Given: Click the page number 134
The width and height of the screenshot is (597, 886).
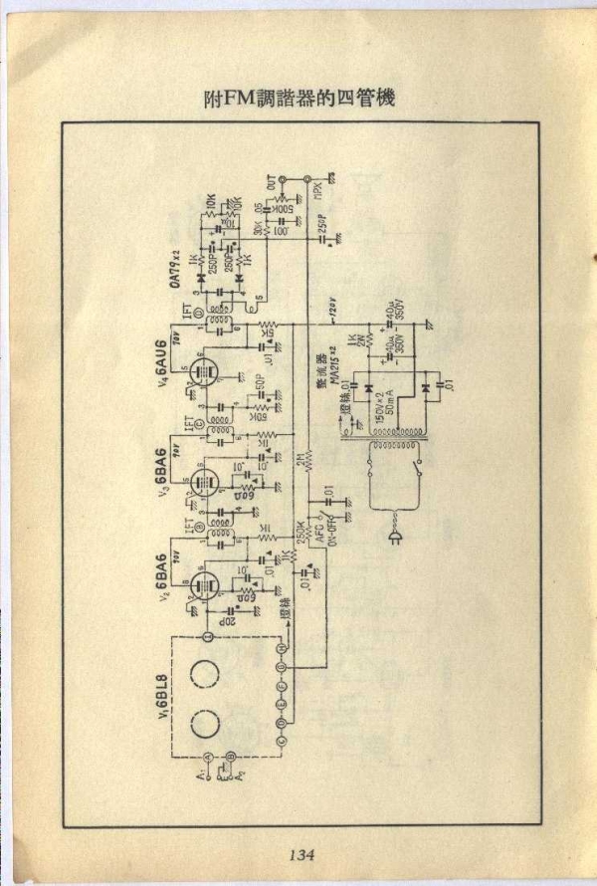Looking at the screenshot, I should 301,853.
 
